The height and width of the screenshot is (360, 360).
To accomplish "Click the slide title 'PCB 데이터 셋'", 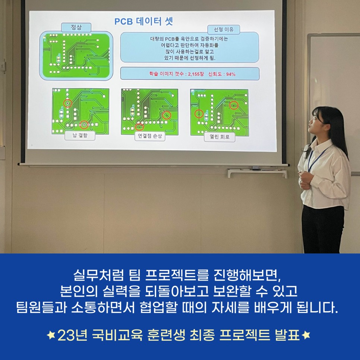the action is point(143,21).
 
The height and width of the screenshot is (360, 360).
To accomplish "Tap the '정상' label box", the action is point(76,28).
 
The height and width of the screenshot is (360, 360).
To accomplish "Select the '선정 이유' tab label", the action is point(224,29).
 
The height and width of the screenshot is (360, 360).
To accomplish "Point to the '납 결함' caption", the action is point(80,135).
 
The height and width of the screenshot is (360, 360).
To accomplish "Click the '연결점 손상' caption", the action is point(150,136).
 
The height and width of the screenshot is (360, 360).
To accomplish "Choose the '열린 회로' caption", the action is point(220,137).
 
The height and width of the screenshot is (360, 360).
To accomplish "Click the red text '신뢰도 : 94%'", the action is point(222,74).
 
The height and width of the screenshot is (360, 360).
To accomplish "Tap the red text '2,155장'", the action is point(196,74).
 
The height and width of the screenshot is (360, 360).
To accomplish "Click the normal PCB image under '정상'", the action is point(76,56).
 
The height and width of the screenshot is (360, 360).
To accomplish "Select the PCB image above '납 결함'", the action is point(80,111).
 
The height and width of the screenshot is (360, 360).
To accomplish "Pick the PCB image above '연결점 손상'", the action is point(150,111).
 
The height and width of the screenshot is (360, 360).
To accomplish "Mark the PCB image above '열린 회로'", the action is point(220,113).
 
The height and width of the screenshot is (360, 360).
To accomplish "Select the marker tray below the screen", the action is point(258,172).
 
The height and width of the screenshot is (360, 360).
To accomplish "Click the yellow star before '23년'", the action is point(51,335).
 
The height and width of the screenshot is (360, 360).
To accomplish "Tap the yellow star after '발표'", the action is point(306,335).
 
